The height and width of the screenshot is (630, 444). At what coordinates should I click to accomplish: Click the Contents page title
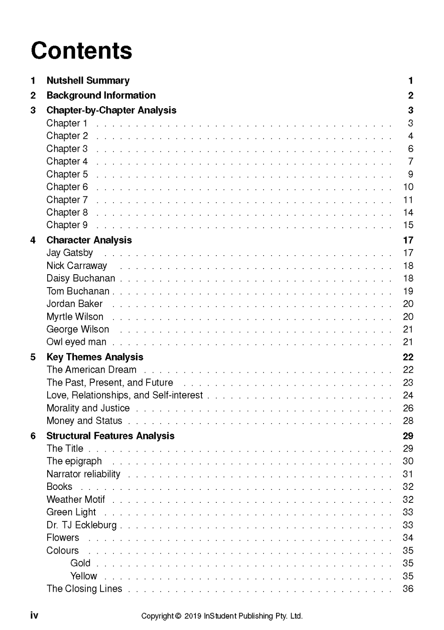(81, 51)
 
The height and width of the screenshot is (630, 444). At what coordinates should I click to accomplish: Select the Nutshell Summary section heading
(88, 80)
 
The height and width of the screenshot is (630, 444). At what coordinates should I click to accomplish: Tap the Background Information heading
(101, 95)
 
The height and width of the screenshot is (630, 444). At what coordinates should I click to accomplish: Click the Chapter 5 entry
(67, 174)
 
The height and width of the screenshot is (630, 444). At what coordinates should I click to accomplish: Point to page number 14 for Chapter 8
(408, 212)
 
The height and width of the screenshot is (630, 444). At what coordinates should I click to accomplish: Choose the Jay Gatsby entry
(69, 253)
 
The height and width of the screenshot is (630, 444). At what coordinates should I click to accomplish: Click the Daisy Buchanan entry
(81, 278)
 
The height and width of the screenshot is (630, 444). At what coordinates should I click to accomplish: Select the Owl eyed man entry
(76, 342)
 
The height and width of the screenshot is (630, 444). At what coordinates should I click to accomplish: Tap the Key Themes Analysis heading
(95, 357)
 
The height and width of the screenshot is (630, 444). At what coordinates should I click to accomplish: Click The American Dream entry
(91, 370)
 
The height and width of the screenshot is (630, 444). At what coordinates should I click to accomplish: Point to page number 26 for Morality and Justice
(408, 408)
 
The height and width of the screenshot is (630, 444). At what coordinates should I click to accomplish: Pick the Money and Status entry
(84, 421)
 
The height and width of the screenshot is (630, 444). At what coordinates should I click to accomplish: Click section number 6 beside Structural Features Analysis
(33, 436)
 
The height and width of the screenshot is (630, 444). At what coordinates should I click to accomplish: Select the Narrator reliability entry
(83, 474)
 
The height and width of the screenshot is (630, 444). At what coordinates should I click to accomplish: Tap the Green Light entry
(71, 512)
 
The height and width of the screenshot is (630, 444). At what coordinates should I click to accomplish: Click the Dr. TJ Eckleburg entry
(81, 525)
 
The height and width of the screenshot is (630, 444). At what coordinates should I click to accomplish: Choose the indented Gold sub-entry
(80, 563)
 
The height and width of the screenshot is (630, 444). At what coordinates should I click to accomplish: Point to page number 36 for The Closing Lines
(408, 589)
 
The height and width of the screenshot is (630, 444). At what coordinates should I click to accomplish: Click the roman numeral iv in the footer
(34, 615)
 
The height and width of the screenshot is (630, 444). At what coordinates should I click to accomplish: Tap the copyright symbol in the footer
(178, 616)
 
